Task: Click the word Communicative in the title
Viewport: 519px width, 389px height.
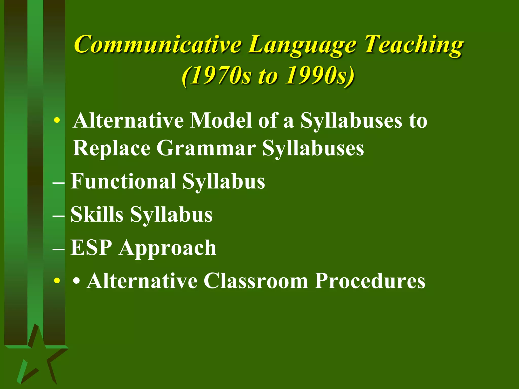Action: click(157, 44)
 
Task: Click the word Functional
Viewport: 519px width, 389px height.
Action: click(123, 181)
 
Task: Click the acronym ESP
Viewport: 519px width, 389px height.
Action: click(91, 248)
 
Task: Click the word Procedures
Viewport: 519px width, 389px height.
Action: click(370, 281)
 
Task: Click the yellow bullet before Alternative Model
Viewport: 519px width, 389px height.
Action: click(57, 121)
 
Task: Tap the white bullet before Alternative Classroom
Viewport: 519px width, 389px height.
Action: click(77, 281)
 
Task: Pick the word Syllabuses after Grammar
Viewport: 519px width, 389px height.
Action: click(313, 149)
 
